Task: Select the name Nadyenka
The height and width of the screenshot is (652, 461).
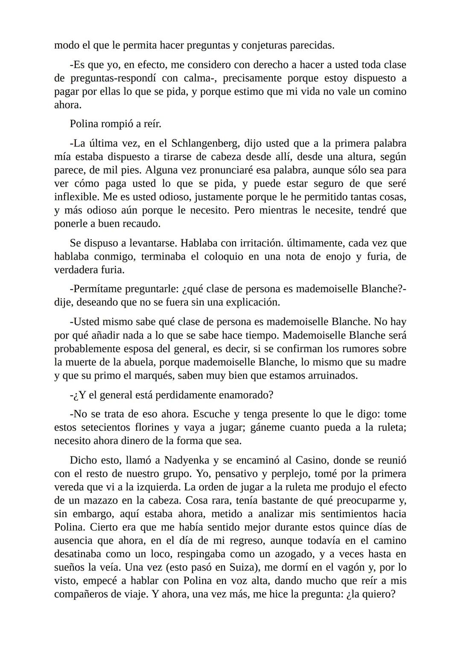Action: [x=187, y=460]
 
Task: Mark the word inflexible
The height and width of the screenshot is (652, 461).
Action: [x=75, y=197]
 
